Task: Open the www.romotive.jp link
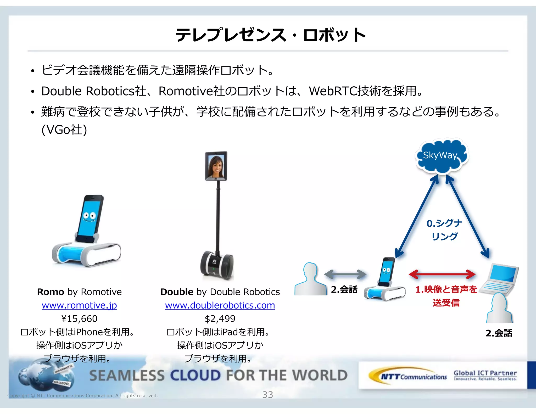coord(79,305)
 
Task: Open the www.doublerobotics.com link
coord(220,305)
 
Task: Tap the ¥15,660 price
coord(79,319)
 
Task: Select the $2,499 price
coord(220,319)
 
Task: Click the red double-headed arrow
coord(442,274)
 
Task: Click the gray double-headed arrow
coord(345,274)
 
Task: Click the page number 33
coord(267,395)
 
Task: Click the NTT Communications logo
coord(408,376)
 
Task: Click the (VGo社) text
coord(64,130)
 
